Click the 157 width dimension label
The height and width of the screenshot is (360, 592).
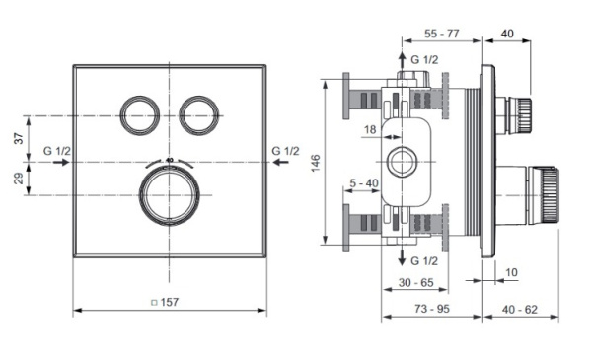click(x=170, y=302)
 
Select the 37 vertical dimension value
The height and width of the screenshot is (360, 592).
click(x=18, y=138)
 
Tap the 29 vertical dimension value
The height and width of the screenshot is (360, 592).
click(x=18, y=179)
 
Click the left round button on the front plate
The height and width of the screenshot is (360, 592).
click(x=140, y=115)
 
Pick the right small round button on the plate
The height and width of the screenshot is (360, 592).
click(x=199, y=115)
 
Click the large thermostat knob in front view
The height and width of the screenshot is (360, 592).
click(x=170, y=195)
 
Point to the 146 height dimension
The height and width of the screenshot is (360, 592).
click(x=316, y=163)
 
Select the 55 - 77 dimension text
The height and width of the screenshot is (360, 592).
click(x=442, y=34)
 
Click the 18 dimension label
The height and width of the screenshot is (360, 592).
click(x=370, y=130)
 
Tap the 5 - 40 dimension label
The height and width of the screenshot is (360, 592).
click(x=364, y=183)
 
